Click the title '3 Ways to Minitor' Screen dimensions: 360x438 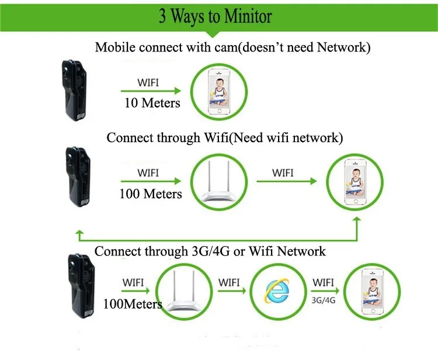tap(215, 16)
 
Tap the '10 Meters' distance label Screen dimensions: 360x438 tap(152, 103)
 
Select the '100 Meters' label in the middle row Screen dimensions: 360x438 tap(151, 193)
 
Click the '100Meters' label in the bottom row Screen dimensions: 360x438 tap(133, 304)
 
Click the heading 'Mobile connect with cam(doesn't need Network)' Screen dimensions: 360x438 tap(232, 47)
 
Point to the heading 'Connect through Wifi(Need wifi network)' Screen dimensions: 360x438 tap(224, 138)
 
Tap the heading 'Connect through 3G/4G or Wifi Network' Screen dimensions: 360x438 tap(210, 251)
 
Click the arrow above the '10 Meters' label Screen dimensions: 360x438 tap(151, 91)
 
